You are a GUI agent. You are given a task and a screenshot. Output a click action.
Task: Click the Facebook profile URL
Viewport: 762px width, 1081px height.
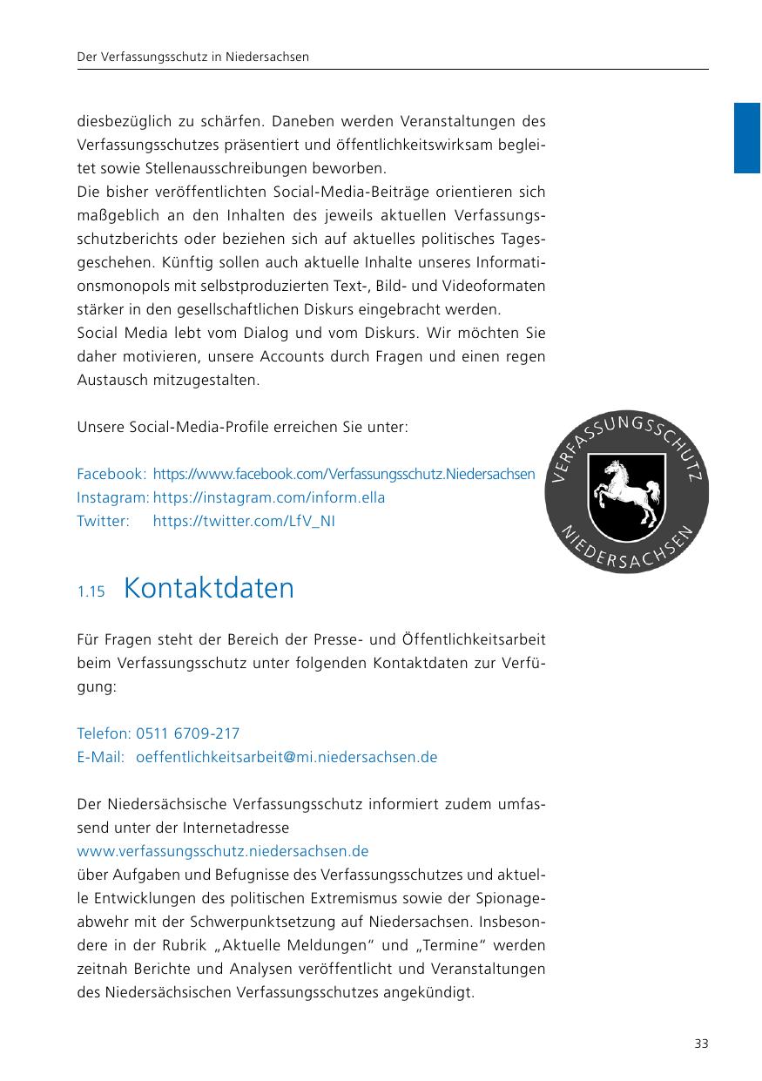[344, 474]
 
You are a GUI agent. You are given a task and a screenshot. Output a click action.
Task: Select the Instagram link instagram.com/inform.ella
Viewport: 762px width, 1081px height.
[269, 497]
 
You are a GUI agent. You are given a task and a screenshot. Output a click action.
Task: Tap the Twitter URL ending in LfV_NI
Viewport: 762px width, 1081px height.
[244, 521]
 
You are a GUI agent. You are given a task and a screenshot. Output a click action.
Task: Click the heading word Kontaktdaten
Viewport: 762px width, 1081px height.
[209, 588]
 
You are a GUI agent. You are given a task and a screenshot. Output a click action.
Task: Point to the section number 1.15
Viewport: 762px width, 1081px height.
[91, 592]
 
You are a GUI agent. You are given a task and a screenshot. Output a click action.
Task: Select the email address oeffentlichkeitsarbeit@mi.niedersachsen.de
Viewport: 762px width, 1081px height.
[287, 757]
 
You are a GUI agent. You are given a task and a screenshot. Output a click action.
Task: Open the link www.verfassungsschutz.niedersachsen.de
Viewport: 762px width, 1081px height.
[223, 850]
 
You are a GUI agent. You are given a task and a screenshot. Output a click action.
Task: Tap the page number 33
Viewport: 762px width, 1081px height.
[701, 1044]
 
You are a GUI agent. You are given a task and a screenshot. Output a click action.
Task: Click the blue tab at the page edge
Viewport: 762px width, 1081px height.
[747, 138]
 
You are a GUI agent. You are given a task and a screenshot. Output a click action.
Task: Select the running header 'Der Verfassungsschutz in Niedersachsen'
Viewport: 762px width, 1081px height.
[193, 57]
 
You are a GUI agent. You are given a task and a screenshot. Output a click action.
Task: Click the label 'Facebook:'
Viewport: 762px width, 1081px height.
[111, 474]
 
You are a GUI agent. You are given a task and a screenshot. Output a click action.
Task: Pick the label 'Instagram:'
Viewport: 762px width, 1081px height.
[113, 497]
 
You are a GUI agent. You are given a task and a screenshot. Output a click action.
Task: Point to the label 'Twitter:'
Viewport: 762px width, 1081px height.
[103, 521]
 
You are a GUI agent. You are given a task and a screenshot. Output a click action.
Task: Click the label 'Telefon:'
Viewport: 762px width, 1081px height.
[105, 733]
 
